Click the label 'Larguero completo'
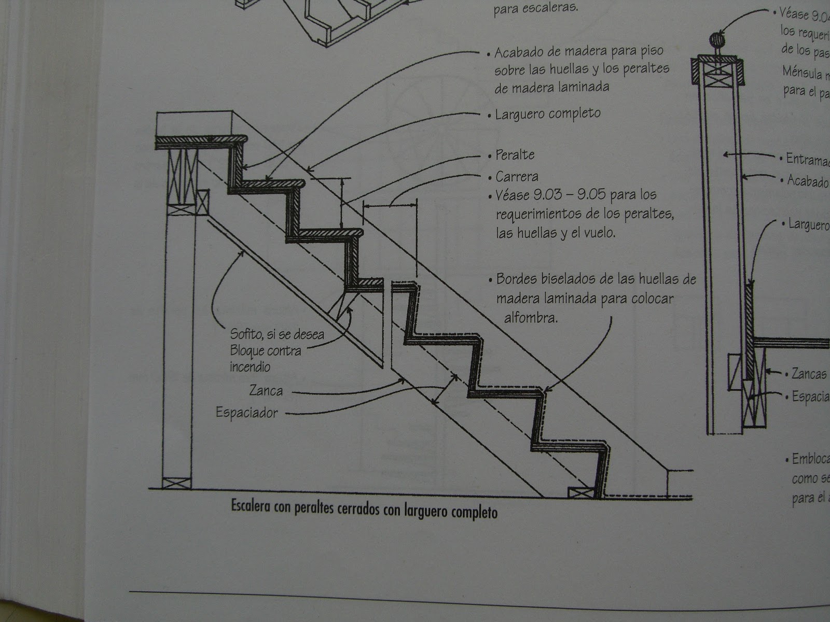[547, 114]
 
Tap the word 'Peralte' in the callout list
[515, 155]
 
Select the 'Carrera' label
[517, 177]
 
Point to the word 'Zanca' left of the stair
[266, 390]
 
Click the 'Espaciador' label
[247, 413]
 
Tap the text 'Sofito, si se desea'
[277, 334]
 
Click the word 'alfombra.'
[531, 317]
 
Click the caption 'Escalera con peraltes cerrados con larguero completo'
[364, 511]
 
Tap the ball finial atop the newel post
[716, 40]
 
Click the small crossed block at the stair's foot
[580, 492]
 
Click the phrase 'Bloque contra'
[266, 350]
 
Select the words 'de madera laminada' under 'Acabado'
[552, 87]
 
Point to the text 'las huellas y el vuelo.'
[555, 233]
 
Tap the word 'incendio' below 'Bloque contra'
[250, 366]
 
